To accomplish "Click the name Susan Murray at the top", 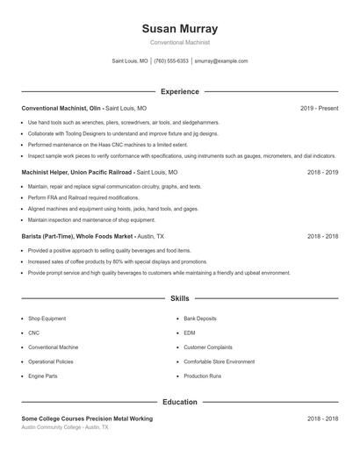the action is [x=180, y=28].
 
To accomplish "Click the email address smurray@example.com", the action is [x=220, y=61].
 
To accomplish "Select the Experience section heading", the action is [x=180, y=91].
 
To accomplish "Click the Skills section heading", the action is [x=180, y=299].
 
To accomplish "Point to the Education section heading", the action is [x=180, y=402].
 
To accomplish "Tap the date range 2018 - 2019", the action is [x=322, y=173].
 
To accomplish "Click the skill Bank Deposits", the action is [x=200, y=318].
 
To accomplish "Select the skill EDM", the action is [x=190, y=333].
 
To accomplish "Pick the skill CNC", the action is [x=33, y=333].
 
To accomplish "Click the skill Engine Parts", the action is [x=42, y=376].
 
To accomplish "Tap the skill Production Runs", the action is [x=202, y=376].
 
